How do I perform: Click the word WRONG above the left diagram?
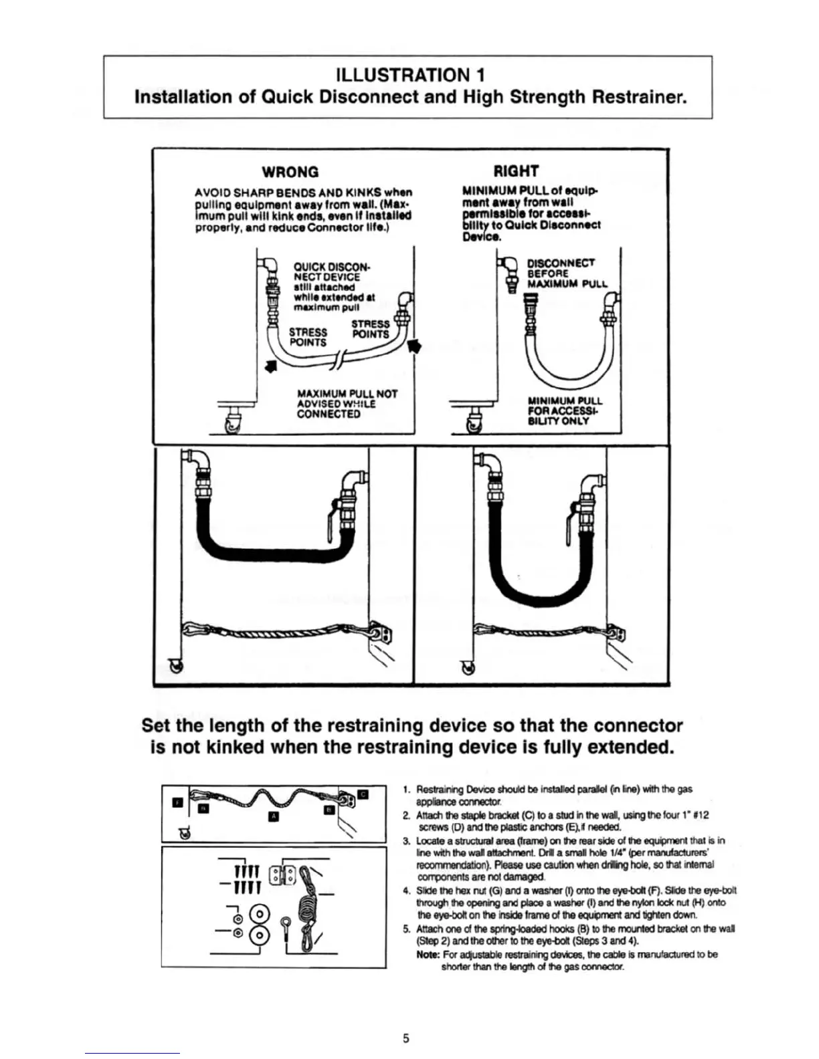click(x=290, y=172)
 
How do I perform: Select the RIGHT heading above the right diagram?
click(x=515, y=171)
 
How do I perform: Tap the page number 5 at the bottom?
click(x=406, y=1038)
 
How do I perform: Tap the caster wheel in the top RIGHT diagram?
click(x=476, y=424)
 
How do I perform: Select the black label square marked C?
click(x=363, y=794)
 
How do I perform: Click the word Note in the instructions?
click(x=428, y=954)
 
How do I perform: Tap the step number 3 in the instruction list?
click(x=406, y=840)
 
